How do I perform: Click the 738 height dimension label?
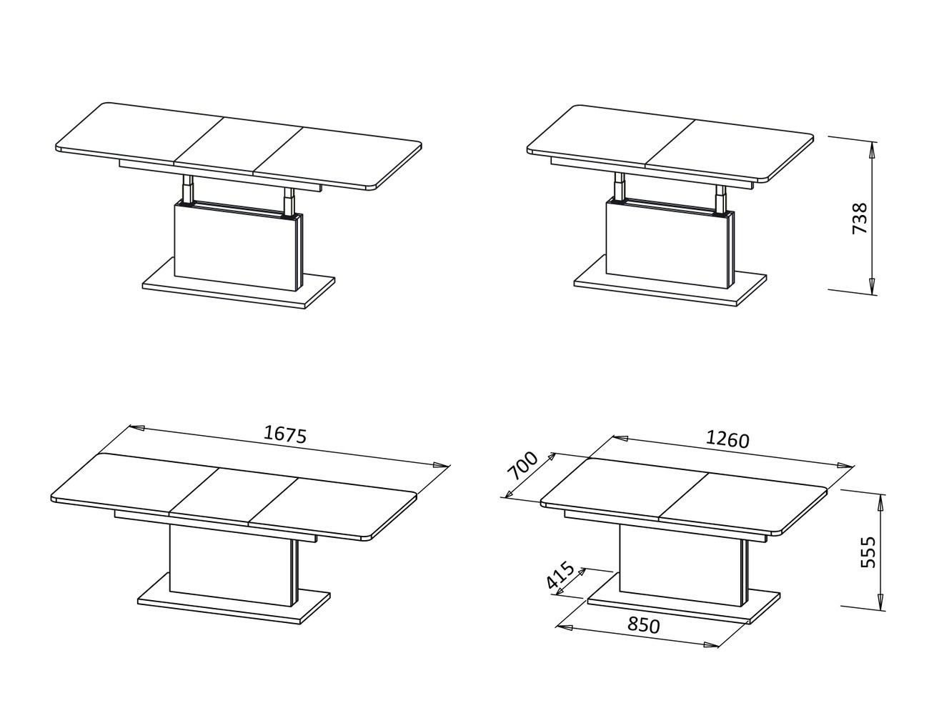tap(860, 219)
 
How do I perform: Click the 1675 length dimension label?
tap(284, 434)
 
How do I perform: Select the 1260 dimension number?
tap(727, 439)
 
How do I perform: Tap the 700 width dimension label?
tap(522, 466)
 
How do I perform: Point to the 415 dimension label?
tap(560, 575)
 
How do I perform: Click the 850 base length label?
tap(643, 625)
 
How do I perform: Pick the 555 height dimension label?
tap(868, 552)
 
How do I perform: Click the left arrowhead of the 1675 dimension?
tap(136, 428)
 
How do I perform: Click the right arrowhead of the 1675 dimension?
tap(440, 464)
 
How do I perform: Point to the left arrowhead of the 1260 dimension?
tap(620, 439)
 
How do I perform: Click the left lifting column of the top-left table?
tap(187, 189)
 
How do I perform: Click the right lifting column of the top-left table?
tap(288, 200)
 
